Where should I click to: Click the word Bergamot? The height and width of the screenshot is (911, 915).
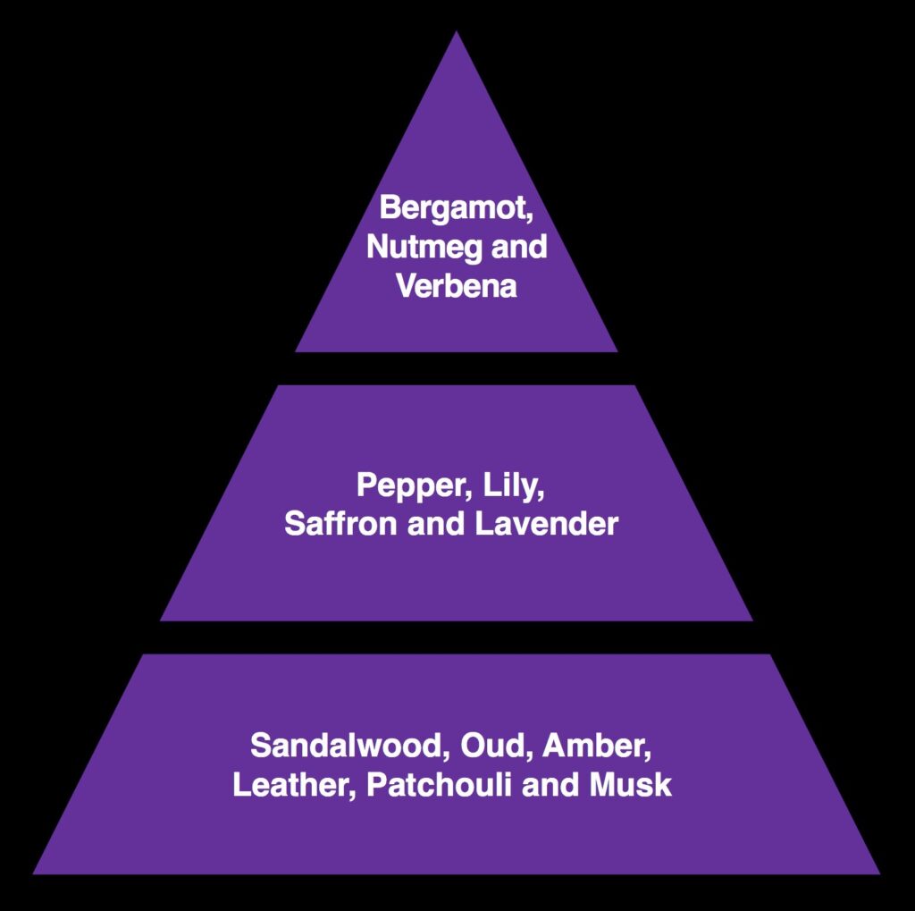(454, 207)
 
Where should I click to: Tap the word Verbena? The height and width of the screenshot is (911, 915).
(456, 286)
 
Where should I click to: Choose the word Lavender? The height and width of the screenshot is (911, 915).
(547, 524)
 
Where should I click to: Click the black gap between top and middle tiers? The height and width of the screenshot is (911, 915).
(457, 368)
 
